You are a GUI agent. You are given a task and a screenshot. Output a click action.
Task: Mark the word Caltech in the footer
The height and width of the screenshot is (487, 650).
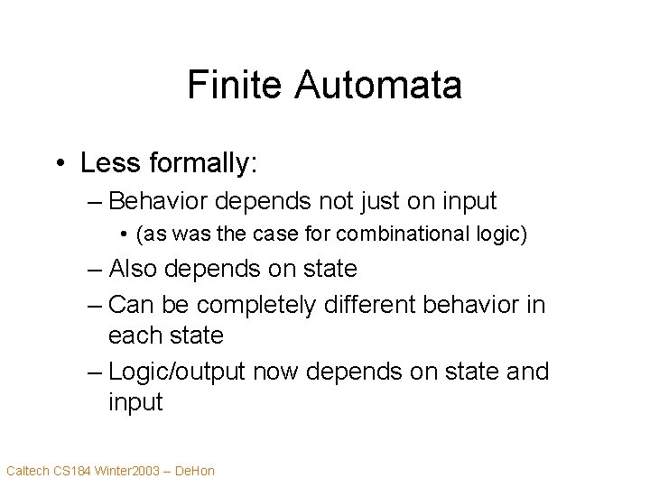click(x=27, y=470)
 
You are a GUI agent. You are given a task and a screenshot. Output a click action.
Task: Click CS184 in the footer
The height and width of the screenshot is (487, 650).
click(x=73, y=470)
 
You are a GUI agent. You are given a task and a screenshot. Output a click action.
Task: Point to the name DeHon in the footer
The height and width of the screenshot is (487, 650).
click(x=196, y=470)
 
